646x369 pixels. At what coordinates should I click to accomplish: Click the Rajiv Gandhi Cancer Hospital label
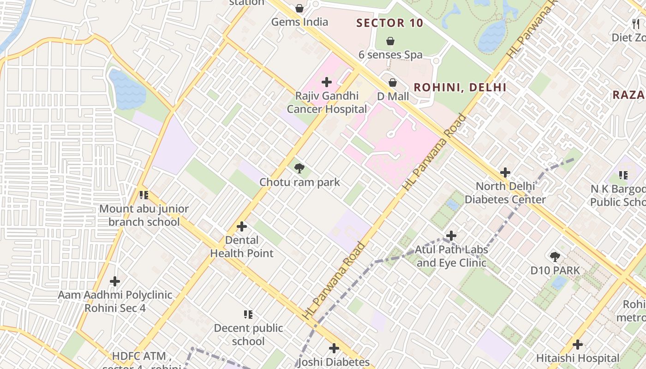pos(327,103)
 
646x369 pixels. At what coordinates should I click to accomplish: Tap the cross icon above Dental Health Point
pos(241,226)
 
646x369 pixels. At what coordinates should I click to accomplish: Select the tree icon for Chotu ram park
pos(299,168)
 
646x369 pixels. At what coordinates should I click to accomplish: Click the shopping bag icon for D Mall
pos(392,83)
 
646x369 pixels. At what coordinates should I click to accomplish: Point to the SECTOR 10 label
pos(390,23)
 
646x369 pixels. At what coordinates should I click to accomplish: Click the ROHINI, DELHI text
pos(460,87)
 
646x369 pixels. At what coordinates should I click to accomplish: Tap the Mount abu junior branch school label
pos(144,215)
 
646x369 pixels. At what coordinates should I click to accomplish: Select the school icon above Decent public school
pos(248,315)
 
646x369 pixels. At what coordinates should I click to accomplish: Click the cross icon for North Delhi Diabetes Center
pos(505,173)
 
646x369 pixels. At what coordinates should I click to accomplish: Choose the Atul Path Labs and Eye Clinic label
pos(451,256)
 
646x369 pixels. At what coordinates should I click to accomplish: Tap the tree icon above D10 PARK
pos(555,257)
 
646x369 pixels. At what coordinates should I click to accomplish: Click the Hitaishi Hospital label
pos(578,358)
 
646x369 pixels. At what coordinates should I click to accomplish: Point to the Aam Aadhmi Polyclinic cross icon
pos(115,281)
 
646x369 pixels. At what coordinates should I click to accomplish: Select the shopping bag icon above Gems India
pos(299,8)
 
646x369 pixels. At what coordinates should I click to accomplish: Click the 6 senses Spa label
pos(390,54)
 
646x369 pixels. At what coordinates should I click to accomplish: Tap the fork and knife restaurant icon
pos(636,24)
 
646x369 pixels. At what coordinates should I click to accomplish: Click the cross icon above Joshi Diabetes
pos(334,348)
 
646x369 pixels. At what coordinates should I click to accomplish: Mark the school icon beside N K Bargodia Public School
pos(623,175)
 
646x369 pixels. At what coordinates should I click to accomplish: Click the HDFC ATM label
pos(142,356)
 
